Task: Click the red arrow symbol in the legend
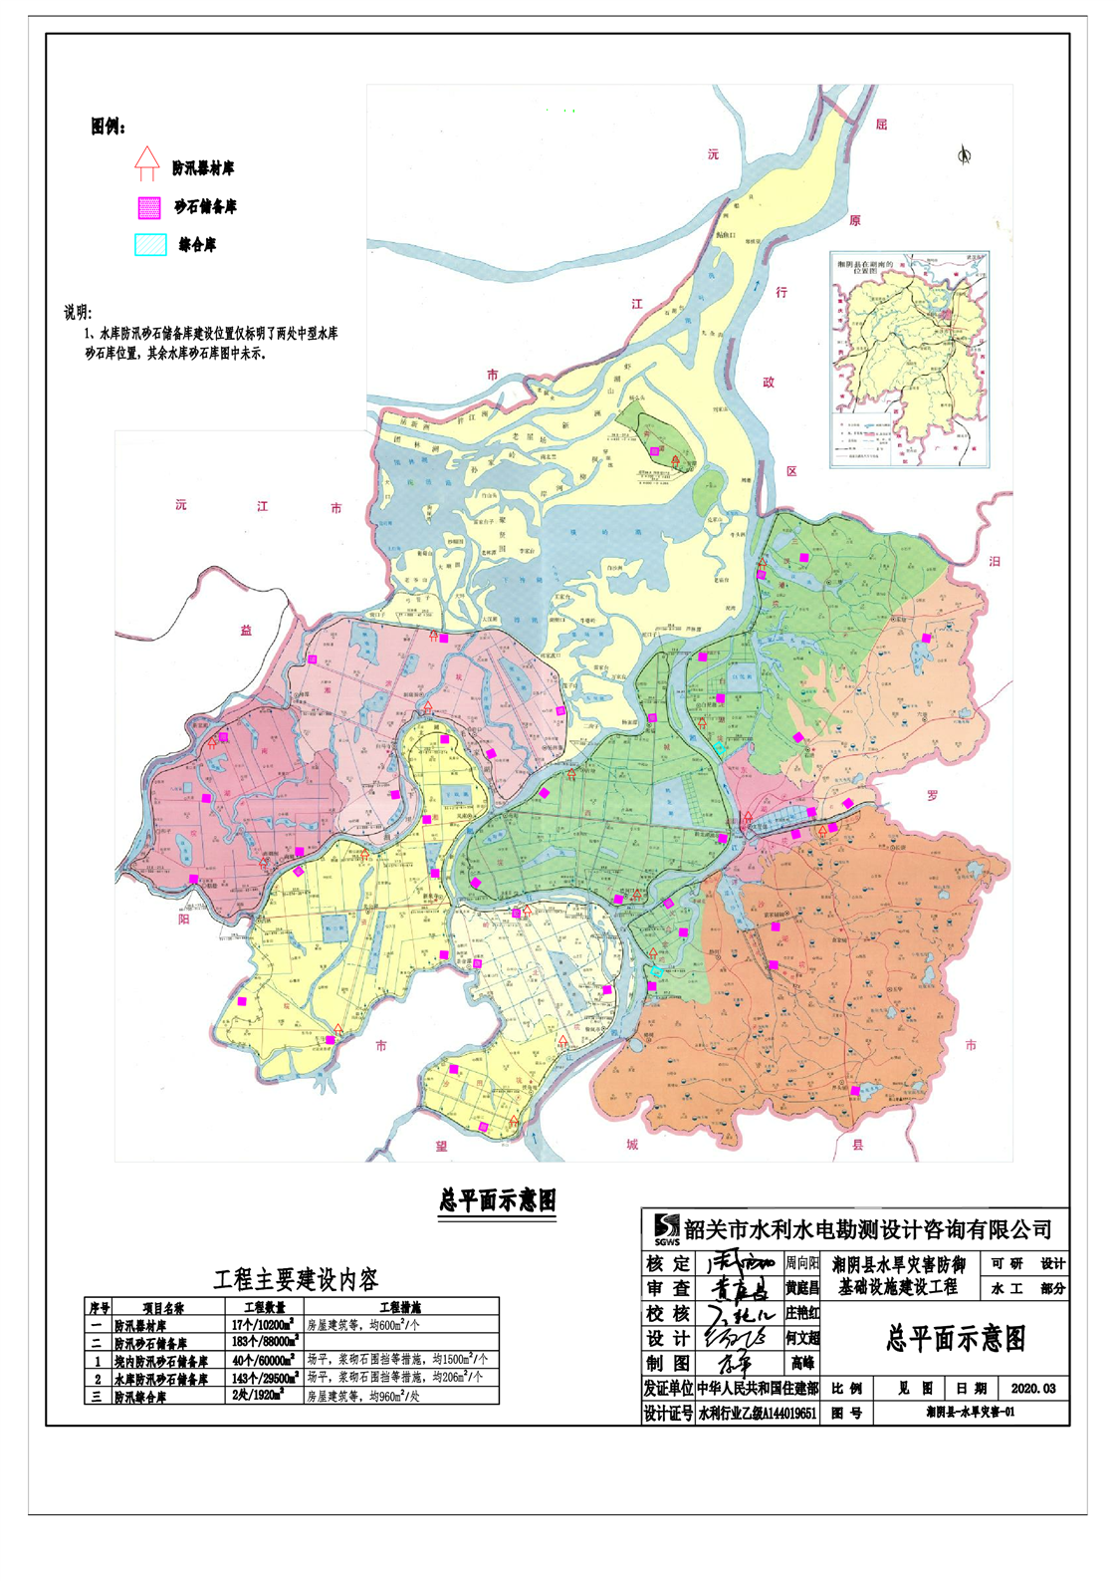click(146, 163)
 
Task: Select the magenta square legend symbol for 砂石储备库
click(148, 207)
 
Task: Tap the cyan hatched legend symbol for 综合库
click(150, 245)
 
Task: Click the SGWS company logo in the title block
click(666, 1230)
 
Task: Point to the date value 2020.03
click(1032, 1388)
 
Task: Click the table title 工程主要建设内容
click(296, 1279)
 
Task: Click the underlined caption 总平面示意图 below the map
click(498, 1200)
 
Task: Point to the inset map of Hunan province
click(911, 360)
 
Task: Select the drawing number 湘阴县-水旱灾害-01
click(970, 1413)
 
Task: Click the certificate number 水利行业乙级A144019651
click(757, 1413)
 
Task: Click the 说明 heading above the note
click(78, 312)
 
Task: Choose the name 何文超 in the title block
click(801, 1338)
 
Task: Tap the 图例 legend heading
click(108, 127)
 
